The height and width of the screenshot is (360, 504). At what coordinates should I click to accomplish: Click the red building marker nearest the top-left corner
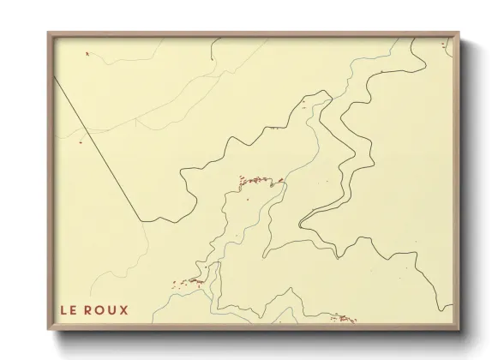point(87,53)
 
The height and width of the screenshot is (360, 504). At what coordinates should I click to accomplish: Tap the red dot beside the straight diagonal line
point(80,142)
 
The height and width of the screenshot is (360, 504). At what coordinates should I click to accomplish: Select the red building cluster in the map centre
point(258,181)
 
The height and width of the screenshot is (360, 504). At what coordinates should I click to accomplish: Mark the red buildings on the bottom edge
point(345,319)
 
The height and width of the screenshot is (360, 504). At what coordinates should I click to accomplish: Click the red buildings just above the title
point(189,283)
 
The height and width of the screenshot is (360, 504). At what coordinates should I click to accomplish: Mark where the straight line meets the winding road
point(143,221)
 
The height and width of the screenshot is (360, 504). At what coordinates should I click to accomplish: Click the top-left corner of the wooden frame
point(49,33)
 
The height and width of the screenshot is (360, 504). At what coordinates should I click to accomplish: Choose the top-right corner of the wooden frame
point(459,33)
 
